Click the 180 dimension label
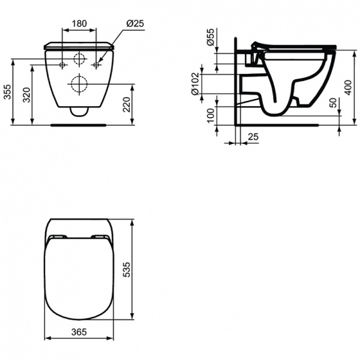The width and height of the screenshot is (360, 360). [x=79, y=24]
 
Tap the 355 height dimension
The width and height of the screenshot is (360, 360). [x=7, y=92]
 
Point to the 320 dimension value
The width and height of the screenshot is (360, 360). [x=26, y=95]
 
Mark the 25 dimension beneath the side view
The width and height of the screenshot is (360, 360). [x=253, y=137]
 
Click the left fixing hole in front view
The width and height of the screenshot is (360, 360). [x=62, y=65]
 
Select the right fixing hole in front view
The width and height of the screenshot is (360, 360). [x=96, y=65]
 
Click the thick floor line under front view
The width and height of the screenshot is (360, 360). [x=79, y=125]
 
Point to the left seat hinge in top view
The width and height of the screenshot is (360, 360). [x=57, y=237]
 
